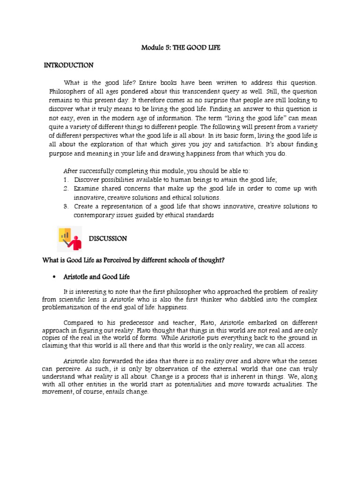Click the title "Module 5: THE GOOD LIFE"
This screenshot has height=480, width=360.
pos(180,47)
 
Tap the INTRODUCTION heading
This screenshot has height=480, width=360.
pos(68,65)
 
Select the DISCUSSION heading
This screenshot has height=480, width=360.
pos(108,239)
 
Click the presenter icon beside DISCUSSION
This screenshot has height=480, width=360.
pos(69,239)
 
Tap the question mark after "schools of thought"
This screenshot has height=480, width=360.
pos(223,260)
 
